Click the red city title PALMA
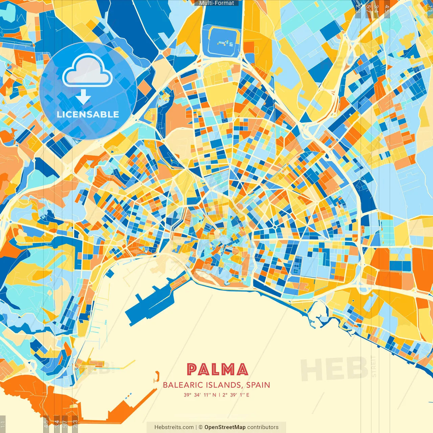click(217, 369)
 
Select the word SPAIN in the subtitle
click(258, 385)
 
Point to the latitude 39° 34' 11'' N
click(200, 395)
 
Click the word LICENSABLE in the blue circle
click(88, 114)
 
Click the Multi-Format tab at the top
click(216, 3)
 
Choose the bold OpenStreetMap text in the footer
click(225, 427)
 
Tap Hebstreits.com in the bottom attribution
click(174, 427)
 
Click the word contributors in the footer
click(263, 427)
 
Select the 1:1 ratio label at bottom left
click(3, 424)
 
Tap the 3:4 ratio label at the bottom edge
click(57, 424)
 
